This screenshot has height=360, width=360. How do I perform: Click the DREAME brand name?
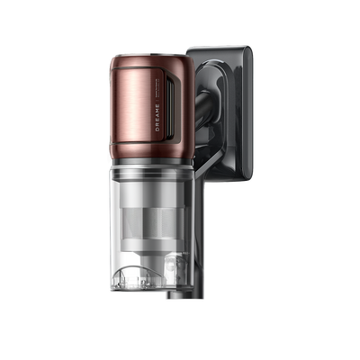157,118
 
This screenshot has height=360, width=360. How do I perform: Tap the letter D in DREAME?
157,130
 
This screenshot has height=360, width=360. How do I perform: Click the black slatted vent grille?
170,107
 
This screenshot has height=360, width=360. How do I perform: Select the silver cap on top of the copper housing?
150,56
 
